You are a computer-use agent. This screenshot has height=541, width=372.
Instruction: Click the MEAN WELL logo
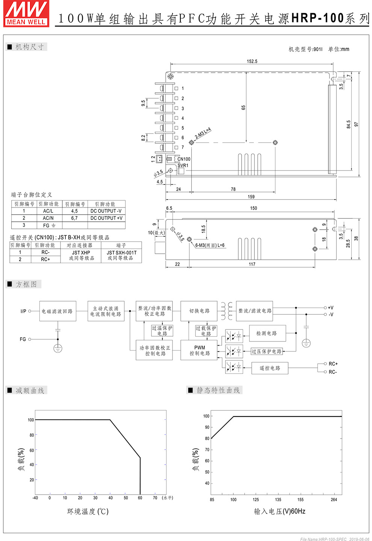(x=26, y=14)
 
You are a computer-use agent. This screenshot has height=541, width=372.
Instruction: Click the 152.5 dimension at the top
(x=252, y=61)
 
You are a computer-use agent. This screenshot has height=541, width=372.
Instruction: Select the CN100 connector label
(x=184, y=159)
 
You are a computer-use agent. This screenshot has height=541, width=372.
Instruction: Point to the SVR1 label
(x=183, y=165)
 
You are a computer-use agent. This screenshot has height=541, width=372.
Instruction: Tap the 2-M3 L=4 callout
(x=203, y=133)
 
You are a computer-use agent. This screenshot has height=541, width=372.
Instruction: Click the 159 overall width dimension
(x=251, y=197)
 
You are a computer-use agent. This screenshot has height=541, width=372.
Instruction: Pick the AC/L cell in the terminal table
(x=48, y=211)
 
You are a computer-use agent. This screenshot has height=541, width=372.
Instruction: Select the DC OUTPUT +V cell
(x=106, y=218)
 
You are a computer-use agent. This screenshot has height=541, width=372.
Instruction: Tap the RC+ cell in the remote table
(x=45, y=259)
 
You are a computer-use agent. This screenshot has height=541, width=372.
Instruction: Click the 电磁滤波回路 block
(x=57, y=311)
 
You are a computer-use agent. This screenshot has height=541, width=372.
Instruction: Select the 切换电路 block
(x=199, y=311)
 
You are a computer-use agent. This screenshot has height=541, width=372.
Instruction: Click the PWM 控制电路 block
(x=200, y=351)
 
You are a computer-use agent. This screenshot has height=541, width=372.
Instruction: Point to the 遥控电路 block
(x=270, y=368)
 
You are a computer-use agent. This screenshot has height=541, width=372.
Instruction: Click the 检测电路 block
(x=266, y=333)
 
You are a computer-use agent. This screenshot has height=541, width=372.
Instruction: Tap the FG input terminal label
(x=23, y=339)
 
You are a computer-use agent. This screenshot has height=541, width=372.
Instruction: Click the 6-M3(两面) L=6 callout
(x=210, y=245)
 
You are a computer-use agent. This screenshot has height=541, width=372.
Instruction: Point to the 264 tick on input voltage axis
(x=334, y=500)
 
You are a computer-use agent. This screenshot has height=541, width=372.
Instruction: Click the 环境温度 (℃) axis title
(x=88, y=511)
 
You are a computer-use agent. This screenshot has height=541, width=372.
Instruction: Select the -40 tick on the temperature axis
(x=35, y=498)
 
